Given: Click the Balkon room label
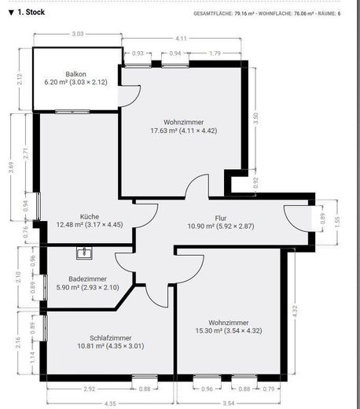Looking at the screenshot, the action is [x=75, y=74].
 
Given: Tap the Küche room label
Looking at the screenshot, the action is [x=90, y=217].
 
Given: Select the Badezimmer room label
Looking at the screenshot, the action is [x=87, y=279].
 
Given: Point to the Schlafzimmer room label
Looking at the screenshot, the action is [x=111, y=338].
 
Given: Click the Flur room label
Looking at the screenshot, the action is [x=221, y=218].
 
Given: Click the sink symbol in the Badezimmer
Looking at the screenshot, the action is [x=84, y=253].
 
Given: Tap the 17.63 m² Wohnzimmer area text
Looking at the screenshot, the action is [x=184, y=131].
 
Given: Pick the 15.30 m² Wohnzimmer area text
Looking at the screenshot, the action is [x=229, y=330].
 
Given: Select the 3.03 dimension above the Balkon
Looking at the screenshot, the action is [x=78, y=34].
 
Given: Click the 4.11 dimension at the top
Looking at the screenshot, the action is [x=181, y=39].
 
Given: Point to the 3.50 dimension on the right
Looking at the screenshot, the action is [x=256, y=118].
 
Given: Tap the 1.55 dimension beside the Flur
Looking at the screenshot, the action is [x=337, y=222].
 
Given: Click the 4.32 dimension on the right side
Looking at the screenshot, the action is [x=295, y=311].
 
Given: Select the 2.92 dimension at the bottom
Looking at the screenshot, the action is [x=90, y=389].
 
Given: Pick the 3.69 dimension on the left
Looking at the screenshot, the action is [x=11, y=168].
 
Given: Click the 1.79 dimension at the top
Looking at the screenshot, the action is [x=215, y=53].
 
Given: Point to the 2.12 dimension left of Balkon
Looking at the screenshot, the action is [x=20, y=79].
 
